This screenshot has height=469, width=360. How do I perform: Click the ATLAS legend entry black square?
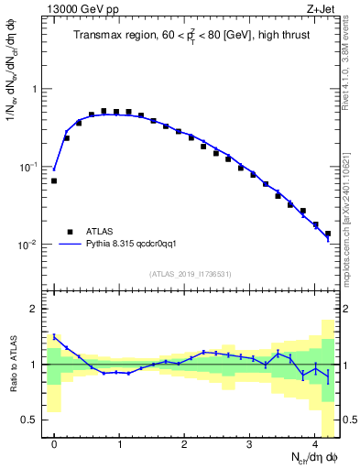point(70,232)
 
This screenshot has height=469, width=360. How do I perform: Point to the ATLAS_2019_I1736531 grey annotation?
point(190,274)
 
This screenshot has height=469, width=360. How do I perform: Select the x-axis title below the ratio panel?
point(301,455)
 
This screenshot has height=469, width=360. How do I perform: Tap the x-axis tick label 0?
point(54,440)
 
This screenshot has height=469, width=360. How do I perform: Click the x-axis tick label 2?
point(184,440)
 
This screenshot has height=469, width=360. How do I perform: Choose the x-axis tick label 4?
point(315,440)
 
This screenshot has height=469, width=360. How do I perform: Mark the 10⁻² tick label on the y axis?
point(27,245)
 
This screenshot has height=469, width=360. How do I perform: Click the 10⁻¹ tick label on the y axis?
point(27,168)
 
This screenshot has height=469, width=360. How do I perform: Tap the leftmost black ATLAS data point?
point(54,181)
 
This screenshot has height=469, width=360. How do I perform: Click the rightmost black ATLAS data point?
point(328,234)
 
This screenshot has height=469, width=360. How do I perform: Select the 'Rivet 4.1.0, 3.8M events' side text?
point(352,69)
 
